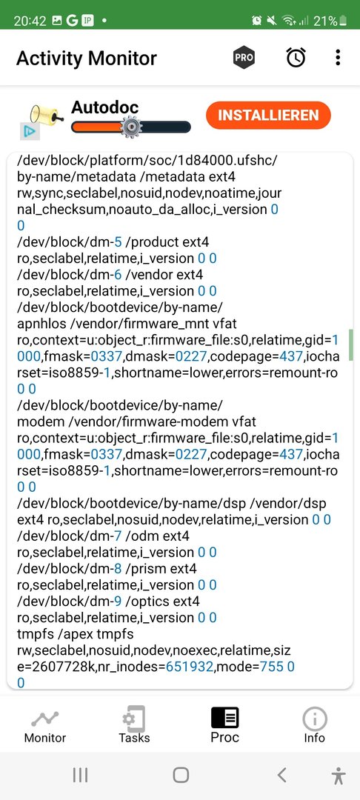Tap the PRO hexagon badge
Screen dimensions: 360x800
pyautogui.click(x=244, y=58)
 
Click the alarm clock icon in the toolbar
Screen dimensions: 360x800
pyautogui.click(x=296, y=58)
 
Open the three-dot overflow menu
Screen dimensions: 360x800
pyautogui.click(x=338, y=58)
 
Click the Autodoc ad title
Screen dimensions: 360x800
pyautogui.click(x=104, y=107)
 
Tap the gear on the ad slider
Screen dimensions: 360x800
pyautogui.click(x=130, y=127)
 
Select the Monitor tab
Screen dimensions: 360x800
pyautogui.click(x=45, y=726)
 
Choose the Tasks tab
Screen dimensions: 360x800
pyautogui.click(x=134, y=725)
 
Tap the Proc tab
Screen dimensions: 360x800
pyautogui.click(x=224, y=725)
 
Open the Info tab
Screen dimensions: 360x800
pyautogui.click(x=315, y=725)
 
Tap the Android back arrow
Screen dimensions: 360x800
pyautogui.click(x=282, y=775)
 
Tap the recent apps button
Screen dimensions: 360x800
pyautogui.click(x=80, y=775)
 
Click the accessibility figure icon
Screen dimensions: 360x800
pyautogui.click(x=338, y=776)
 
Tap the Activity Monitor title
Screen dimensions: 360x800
pyautogui.click(x=87, y=59)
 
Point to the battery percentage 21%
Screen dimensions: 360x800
pyautogui.click(x=325, y=21)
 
